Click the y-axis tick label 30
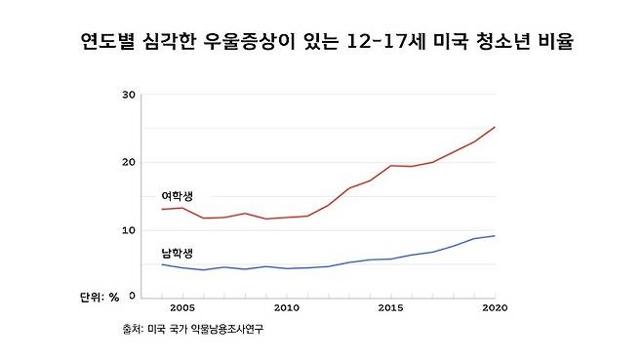pyautogui.click(x=128, y=96)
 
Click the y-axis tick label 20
pyautogui.click(x=128, y=162)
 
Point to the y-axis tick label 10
pyautogui.click(x=128, y=229)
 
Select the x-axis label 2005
pyautogui.click(x=182, y=308)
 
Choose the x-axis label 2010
pyautogui.click(x=286, y=308)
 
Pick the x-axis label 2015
pyautogui.click(x=390, y=308)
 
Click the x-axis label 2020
pyautogui.click(x=495, y=308)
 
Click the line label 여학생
pyautogui.click(x=177, y=197)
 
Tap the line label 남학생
pyautogui.click(x=177, y=253)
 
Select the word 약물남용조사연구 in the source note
pyautogui.click(x=229, y=330)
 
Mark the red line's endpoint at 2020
pyautogui.click(x=495, y=127)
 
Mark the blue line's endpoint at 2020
pyautogui.click(x=495, y=236)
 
